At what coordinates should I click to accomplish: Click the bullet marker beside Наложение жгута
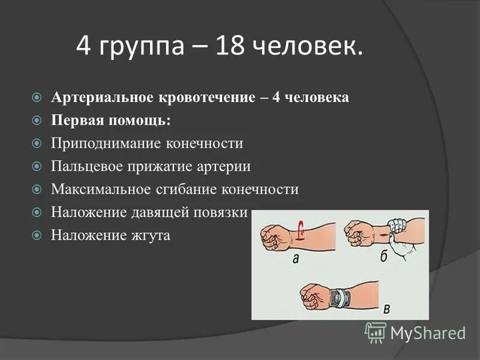37,235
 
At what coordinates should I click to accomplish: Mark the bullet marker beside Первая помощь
37,121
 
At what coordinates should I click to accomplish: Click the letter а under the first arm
295,259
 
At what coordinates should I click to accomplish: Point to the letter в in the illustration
386,308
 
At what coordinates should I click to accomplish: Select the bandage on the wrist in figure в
341,296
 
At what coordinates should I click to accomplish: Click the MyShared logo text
427,332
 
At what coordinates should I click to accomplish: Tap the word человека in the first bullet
317,97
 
